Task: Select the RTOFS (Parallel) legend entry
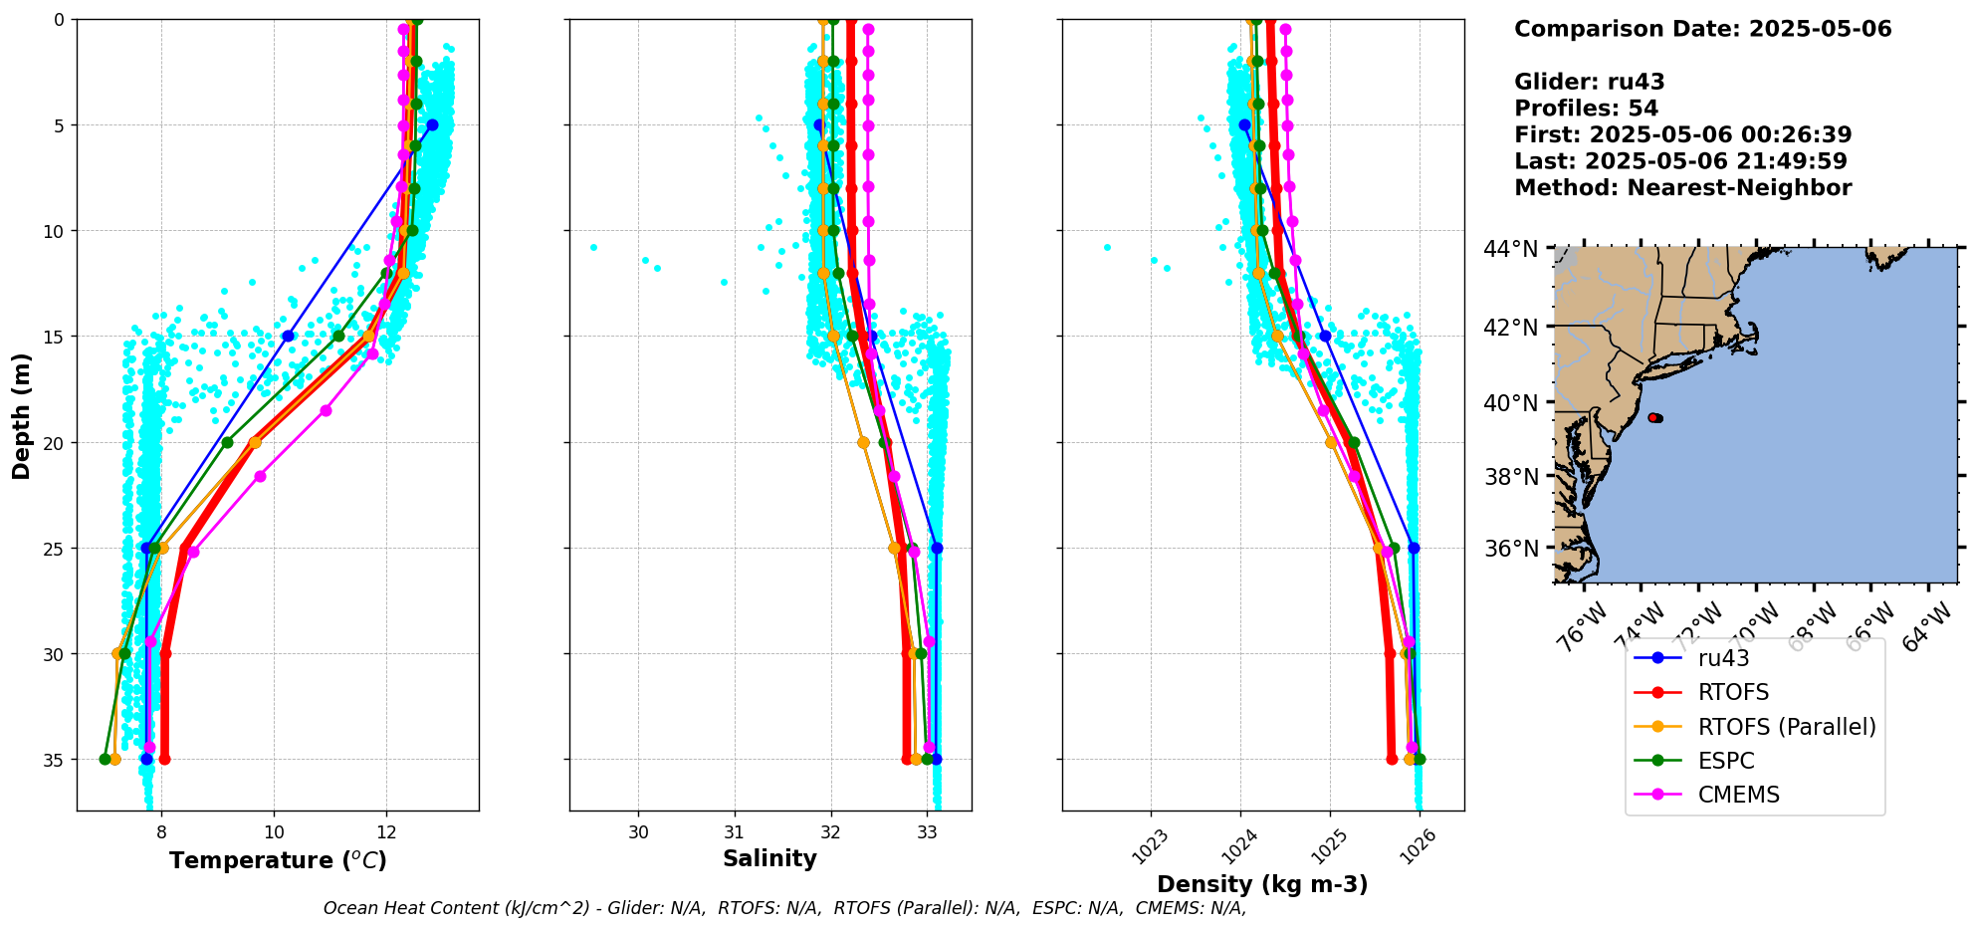1786,727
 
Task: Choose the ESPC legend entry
1726,761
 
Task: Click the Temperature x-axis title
278,860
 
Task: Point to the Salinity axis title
769,858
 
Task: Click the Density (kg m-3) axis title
1262,884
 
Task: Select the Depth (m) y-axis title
22,415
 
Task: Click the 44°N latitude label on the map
1510,249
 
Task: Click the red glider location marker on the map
1654,417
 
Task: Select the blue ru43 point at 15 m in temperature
288,336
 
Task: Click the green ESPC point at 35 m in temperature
105,759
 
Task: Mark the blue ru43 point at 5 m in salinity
818,124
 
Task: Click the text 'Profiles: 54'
1586,109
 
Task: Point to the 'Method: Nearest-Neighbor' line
1682,188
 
